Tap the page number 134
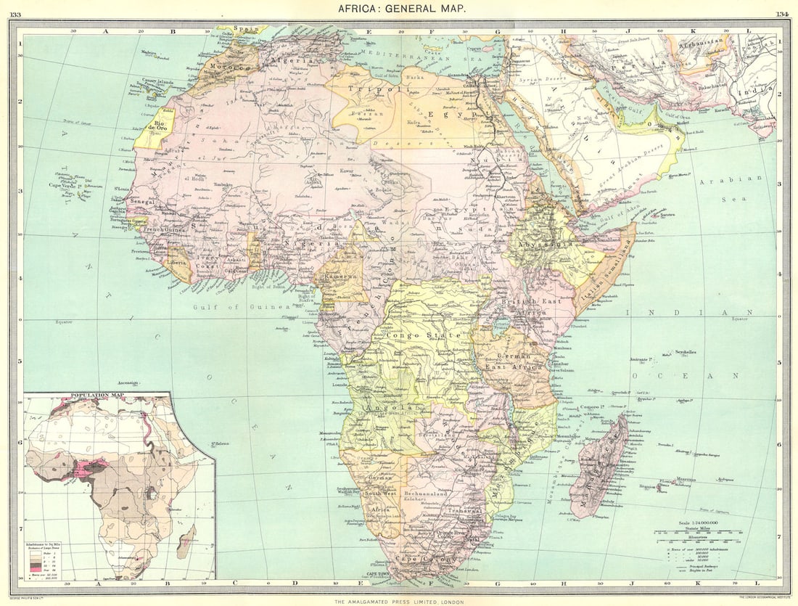point(783,14)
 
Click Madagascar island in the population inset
point(186,541)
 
